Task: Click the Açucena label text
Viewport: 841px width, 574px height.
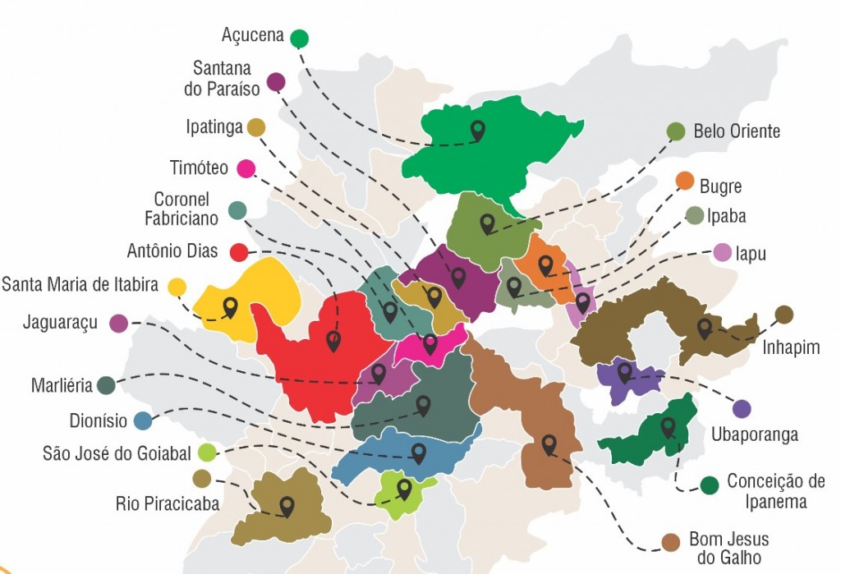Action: [252, 35]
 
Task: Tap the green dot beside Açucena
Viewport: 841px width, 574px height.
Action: [299, 38]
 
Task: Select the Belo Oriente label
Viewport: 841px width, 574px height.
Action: [736, 131]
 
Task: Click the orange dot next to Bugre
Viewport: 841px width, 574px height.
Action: [684, 181]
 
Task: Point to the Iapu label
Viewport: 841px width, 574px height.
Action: [751, 254]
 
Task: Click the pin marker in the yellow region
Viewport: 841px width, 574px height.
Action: [230, 306]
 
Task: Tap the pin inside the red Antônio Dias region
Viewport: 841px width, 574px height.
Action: [333, 339]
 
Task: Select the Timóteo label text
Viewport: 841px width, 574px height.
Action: [199, 168]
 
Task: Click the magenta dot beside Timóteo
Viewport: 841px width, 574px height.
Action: [245, 168]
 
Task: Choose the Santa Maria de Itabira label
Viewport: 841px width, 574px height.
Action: [80, 285]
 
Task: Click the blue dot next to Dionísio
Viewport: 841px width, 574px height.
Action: [143, 421]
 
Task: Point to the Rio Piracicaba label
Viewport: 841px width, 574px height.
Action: [168, 503]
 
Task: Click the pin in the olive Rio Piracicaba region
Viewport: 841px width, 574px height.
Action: [287, 505]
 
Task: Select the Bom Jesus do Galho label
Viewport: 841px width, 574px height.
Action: [728, 549]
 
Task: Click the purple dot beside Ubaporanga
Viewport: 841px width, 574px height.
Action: [742, 409]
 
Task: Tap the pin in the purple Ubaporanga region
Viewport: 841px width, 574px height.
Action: [625, 372]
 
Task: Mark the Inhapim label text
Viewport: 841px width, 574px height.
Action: [791, 347]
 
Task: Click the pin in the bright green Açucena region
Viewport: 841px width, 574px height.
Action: [477, 129]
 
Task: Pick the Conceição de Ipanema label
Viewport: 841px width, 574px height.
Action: [775, 491]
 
